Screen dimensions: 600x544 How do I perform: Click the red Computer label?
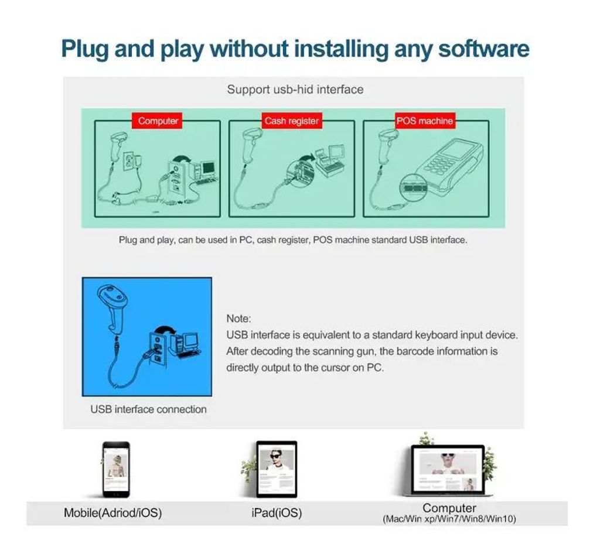coord(157,121)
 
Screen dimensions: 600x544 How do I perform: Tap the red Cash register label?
coord(292,121)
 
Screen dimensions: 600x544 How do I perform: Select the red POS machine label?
coord(425,121)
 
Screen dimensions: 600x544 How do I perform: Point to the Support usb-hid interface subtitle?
coord(295,90)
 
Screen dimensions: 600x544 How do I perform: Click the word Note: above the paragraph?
coord(239,319)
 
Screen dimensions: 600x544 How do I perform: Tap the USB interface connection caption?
coord(148,409)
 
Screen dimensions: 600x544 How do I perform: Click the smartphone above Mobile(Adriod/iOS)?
coord(117,470)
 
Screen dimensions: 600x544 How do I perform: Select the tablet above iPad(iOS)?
coord(277,469)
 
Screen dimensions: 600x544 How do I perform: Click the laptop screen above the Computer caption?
coord(448,470)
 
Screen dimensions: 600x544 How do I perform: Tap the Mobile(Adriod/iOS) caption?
coord(113,512)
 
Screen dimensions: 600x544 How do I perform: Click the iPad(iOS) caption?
coord(277,512)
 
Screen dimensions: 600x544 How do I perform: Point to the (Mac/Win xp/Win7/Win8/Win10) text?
coord(449,519)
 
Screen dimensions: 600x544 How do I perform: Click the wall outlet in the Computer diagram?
coord(128,160)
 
